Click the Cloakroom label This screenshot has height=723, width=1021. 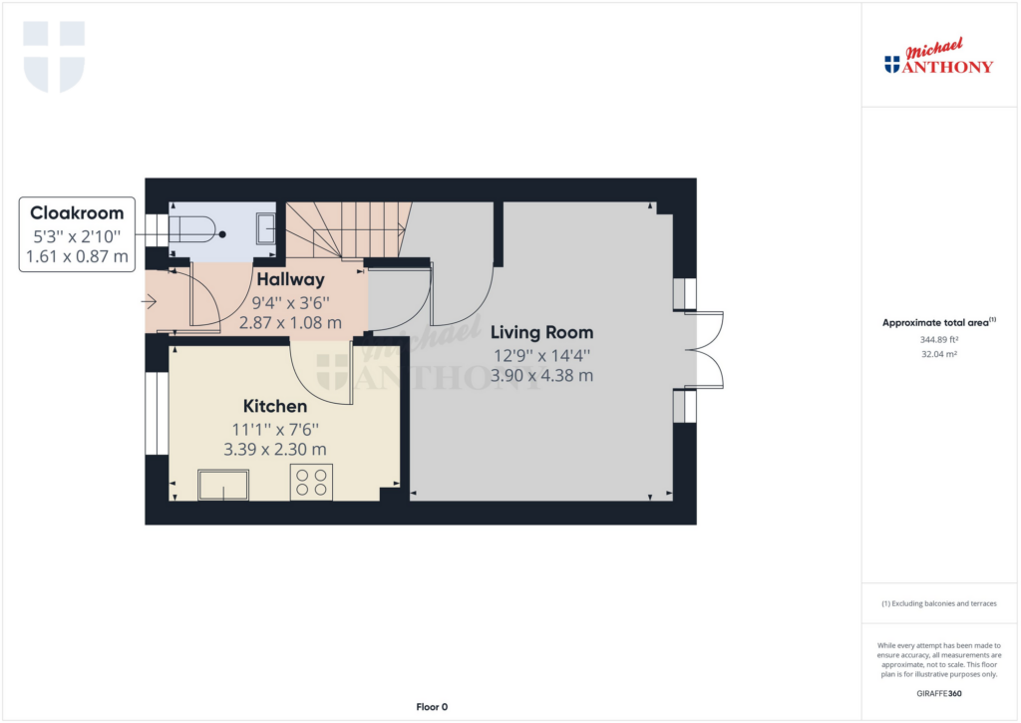point(77,213)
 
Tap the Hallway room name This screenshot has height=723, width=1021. point(290,279)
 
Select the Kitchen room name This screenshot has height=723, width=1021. point(275,406)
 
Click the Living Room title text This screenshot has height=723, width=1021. point(541,332)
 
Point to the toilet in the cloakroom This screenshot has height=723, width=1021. point(192,228)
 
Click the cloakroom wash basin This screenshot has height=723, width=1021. point(265,228)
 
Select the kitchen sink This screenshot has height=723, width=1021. point(223,485)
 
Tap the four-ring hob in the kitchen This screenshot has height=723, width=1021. point(311,482)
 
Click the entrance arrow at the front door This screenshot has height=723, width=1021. point(150,301)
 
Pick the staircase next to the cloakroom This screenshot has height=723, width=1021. point(349,230)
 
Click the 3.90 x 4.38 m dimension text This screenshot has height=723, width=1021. point(541,376)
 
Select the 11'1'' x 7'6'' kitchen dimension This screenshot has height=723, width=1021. point(275,429)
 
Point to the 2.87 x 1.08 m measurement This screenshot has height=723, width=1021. point(290,322)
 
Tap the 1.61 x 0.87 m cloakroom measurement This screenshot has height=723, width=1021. point(77,256)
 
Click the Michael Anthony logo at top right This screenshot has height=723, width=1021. point(938,57)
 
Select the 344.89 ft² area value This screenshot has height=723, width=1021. point(939,339)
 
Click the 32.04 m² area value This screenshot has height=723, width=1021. point(939,354)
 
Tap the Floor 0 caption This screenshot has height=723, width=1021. point(432,707)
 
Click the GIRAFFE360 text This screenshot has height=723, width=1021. point(939,694)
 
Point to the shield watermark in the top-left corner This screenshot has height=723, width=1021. point(54,56)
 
